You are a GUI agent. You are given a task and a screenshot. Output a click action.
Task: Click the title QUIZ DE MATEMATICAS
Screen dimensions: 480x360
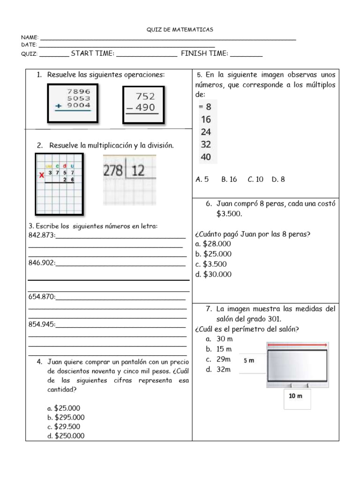[x=180, y=30]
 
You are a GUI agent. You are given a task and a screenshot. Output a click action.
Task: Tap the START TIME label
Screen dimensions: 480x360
[x=92, y=53]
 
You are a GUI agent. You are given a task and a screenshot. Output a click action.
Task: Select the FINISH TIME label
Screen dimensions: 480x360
[x=204, y=53]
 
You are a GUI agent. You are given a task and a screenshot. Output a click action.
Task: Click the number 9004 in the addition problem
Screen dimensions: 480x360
[x=78, y=106]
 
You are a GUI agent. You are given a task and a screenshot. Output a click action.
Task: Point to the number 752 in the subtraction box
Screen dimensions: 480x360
[x=145, y=97]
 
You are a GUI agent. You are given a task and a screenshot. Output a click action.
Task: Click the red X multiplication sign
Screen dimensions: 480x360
[x=41, y=175]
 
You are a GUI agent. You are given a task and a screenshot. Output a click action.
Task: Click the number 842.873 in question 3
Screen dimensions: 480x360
[x=42, y=235]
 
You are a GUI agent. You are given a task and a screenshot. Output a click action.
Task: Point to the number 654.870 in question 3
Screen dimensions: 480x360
[x=42, y=297]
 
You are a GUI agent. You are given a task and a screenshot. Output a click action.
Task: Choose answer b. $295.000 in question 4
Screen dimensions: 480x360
[x=66, y=417]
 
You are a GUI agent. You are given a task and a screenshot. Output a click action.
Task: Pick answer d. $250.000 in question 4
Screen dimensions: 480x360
[x=66, y=436]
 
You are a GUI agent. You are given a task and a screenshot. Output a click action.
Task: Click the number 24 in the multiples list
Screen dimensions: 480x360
[x=206, y=132]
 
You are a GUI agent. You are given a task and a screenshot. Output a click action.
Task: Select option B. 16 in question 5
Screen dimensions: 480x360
[x=229, y=179]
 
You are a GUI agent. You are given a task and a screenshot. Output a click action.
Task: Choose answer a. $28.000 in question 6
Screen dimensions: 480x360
[x=213, y=244]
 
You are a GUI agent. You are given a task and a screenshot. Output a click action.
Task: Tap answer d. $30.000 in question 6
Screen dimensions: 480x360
[x=213, y=274]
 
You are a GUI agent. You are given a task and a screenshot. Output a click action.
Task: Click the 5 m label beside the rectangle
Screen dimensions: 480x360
[x=249, y=360]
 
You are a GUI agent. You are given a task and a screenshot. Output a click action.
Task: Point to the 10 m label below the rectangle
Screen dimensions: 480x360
[x=295, y=396]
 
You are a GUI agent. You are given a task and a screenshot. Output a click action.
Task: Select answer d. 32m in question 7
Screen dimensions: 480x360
[x=218, y=369]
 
